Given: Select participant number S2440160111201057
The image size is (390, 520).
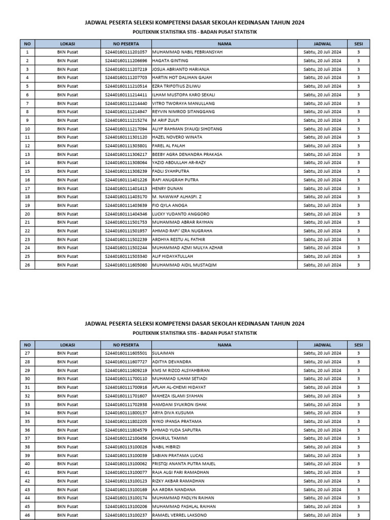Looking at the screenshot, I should coord(126,52).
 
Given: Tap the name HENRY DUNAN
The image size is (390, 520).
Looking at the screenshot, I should coord(167,188).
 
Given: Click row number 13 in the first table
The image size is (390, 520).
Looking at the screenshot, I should coord(27,154).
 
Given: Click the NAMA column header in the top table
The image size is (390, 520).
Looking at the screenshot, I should coord(224,44).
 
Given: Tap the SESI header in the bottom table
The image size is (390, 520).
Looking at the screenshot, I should coord(359,344).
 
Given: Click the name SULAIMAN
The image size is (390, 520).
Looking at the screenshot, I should coord(164,353).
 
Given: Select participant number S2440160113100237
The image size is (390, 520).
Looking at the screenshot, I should coord(126,515).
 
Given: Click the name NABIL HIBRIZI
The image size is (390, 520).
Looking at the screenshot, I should coord(167,447).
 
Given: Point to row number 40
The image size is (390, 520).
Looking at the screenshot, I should coord(27,464).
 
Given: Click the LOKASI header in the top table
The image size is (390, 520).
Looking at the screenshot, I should coord(68,44).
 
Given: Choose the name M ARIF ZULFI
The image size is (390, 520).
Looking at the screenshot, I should coord(166,120).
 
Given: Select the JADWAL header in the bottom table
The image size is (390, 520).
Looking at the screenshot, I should coord(322,344).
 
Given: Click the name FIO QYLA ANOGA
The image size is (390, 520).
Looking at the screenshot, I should coord(170,206).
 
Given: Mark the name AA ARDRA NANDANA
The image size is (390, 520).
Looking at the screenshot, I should coord(174,490).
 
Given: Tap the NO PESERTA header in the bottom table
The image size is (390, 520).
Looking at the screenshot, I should coord(126,344).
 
